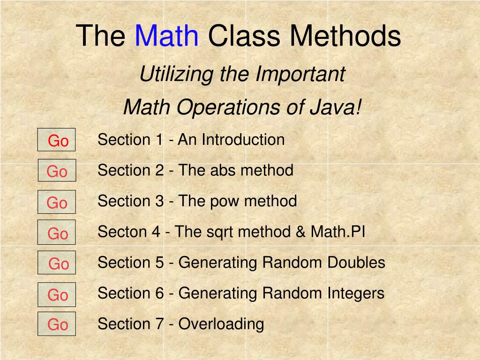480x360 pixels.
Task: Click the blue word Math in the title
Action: click(167, 36)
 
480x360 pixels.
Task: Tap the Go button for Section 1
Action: click(56, 140)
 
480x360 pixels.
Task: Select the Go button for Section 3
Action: click(57, 202)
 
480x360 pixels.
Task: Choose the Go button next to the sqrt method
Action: click(57, 232)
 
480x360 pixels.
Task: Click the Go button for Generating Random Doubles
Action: click(57, 262)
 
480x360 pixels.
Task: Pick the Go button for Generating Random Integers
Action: click(57, 294)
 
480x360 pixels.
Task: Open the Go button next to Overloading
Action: click(57, 324)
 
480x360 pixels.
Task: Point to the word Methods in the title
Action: click(345, 36)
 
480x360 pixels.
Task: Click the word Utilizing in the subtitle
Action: click(176, 75)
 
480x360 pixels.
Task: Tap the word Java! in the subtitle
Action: click(336, 107)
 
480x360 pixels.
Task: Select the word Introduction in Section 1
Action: click(243, 140)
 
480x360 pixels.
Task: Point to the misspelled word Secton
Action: click(123, 232)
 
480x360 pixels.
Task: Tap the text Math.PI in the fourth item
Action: click(338, 232)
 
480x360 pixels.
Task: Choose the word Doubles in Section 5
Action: click(356, 262)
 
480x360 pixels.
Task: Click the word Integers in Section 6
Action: click(356, 294)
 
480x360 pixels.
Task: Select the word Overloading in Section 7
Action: click(221, 324)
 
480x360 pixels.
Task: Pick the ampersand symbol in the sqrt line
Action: click(300, 232)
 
